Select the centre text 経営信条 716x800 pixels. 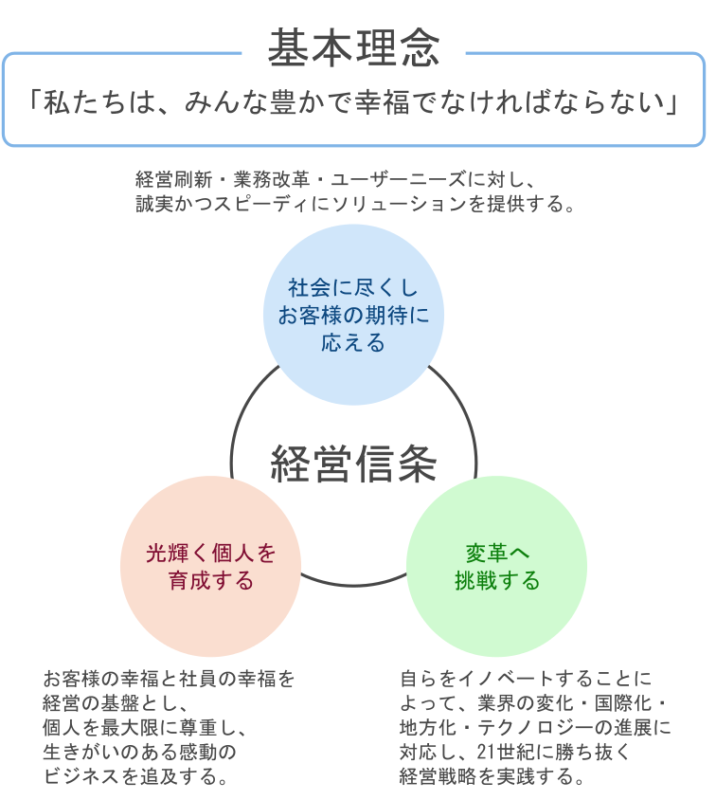[352, 464]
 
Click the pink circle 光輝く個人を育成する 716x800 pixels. [210, 567]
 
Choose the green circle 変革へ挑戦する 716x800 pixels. [496, 567]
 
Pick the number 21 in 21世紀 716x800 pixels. [487, 753]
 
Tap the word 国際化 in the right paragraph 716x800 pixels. [621, 703]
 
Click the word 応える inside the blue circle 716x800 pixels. [353, 343]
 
